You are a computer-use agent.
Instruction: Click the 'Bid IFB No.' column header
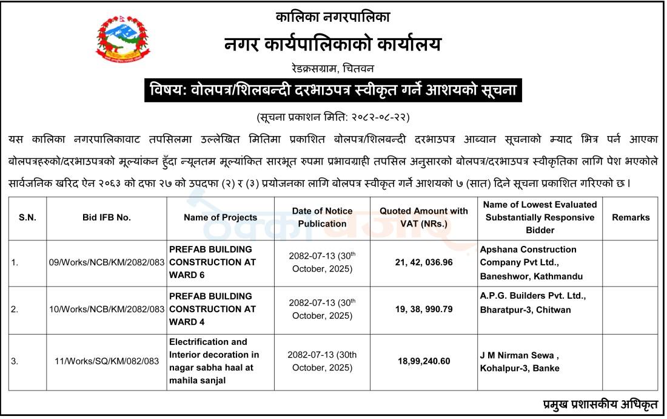click(107, 217)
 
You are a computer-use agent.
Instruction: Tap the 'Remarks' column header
click(631, 217)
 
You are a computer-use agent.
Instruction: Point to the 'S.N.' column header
click(27, 217)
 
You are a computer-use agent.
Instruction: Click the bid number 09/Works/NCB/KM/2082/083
click(107, 263)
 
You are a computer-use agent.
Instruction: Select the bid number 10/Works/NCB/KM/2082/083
click(107, 309)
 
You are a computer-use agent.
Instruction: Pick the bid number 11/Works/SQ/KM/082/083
click(107, 361)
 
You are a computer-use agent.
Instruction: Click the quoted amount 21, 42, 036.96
click(424, 263)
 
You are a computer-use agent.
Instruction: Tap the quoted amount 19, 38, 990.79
click(424, 309)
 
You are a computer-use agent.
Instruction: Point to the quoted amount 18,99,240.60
click(424, 361)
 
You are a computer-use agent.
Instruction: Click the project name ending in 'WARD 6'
click(212, 262)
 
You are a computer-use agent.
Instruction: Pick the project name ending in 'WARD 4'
click(212, 309)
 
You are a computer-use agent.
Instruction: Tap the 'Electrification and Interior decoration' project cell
click(214, 361)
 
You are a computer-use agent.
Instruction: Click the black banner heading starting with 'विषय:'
click(333, 92)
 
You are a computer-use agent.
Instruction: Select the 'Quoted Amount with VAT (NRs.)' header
click(424, 217)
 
